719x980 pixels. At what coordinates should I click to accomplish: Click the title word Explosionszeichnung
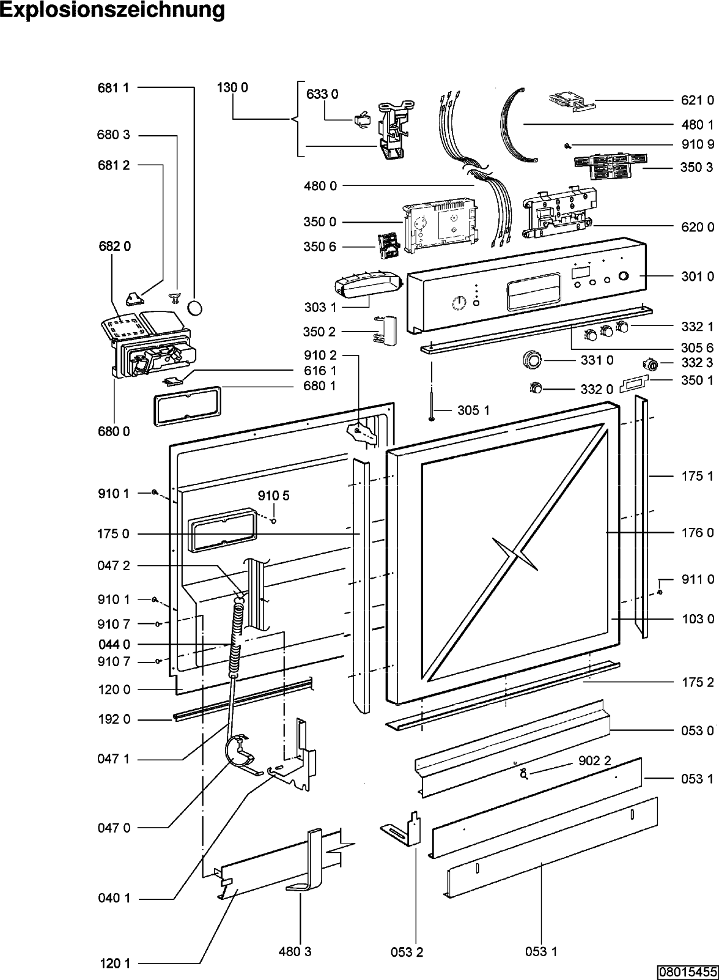point(112,10)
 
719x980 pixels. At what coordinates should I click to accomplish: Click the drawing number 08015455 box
point(688,972)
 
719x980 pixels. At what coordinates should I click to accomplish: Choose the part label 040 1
point(114,899)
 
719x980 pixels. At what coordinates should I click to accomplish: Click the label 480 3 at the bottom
point(295,951)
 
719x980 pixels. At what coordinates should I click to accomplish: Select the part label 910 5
point(273,496)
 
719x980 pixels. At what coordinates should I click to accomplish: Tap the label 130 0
point(232,87)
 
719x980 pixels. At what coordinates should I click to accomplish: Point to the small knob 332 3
point(652,365)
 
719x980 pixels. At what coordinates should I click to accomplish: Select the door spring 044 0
point(235,639)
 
